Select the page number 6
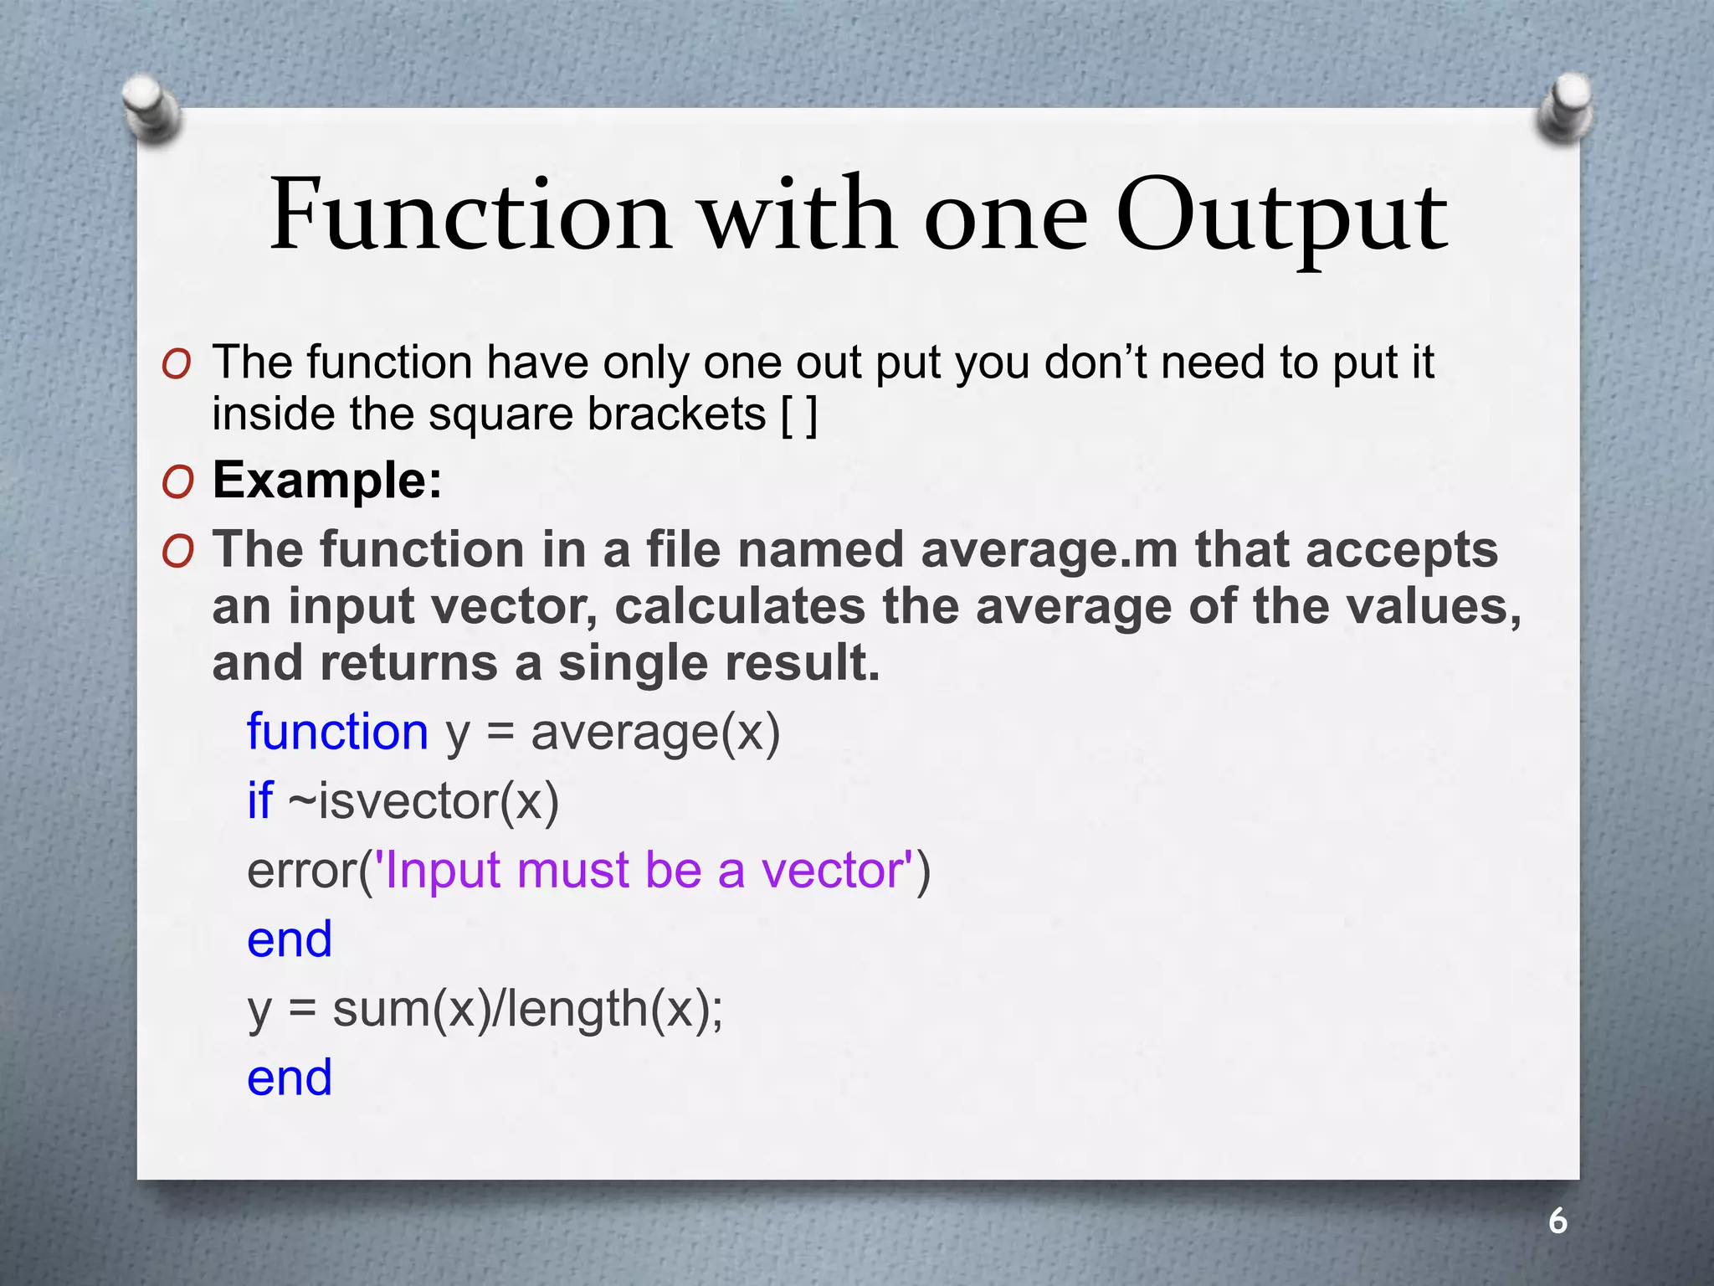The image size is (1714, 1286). pos(1557,1222)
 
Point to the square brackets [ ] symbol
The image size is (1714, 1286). pos(798,414)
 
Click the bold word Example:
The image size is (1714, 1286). pos(327,481)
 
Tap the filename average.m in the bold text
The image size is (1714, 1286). pos(1049,550)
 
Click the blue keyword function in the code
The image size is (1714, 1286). pos(337,732)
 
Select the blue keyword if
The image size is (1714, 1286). pos(259,800)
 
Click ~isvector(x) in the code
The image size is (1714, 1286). pos(423,800)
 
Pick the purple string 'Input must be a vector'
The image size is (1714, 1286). pos(645,870)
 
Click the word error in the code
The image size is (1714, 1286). pos(302,870)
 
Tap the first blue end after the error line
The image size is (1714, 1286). pos(290,939)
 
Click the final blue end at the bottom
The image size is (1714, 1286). pos(290,1078)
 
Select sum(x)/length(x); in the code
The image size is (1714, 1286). pos(527,1008)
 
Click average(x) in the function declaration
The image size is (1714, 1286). pos(655,732)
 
